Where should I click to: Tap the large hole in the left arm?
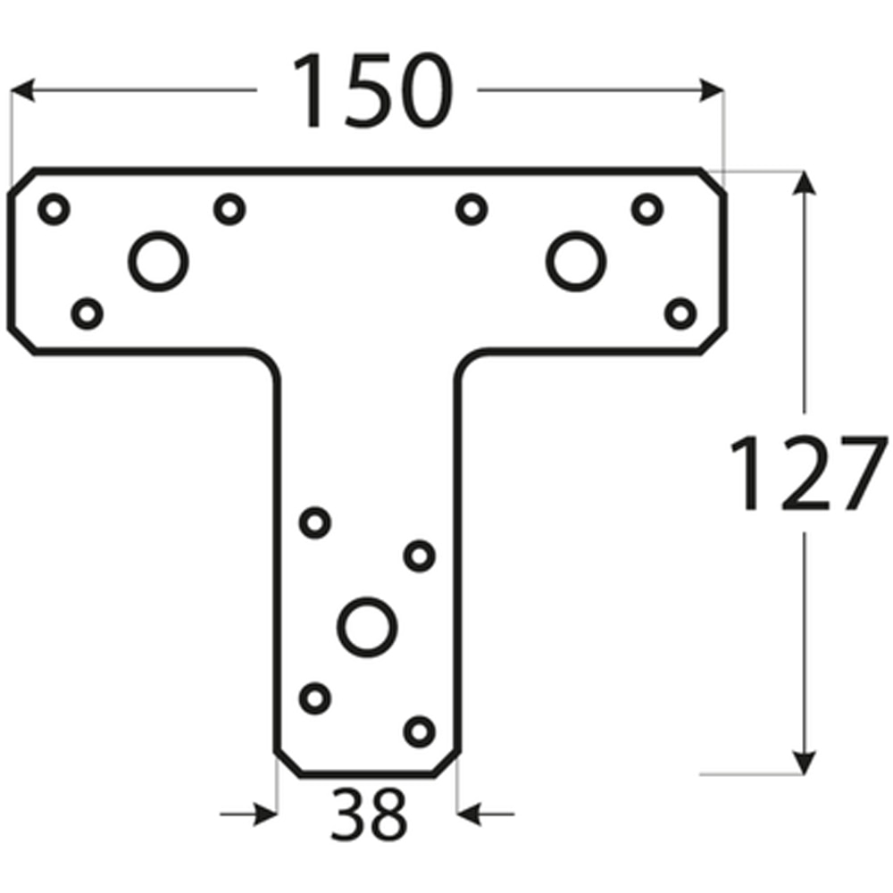click(158, 261)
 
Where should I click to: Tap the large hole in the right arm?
click(576, 261)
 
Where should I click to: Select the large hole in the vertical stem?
click(367, 624)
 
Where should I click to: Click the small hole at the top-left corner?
click(54, 209)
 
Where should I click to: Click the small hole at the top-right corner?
click(647, 209)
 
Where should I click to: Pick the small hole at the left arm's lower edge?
click(87, 313)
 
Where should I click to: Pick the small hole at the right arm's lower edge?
click(680, 313)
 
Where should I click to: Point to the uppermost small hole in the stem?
click(314, 522)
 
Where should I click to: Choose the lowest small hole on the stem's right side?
click(419, 731)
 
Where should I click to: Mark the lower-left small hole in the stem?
click(314, 697)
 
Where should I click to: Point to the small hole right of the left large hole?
click(230, 209)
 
